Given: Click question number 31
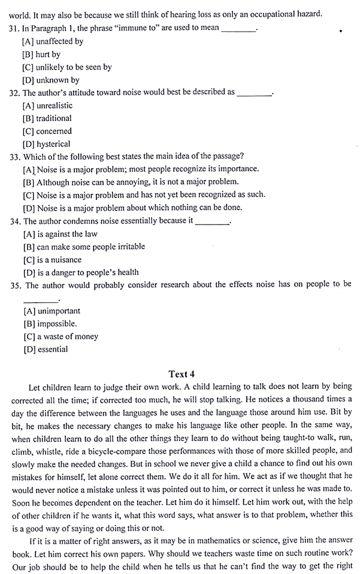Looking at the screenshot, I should [16, 29].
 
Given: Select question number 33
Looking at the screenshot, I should [16, 157].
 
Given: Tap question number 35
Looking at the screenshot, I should [16, 284].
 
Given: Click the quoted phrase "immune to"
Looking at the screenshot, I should [129, 29].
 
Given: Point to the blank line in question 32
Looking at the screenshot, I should [255, 93].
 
